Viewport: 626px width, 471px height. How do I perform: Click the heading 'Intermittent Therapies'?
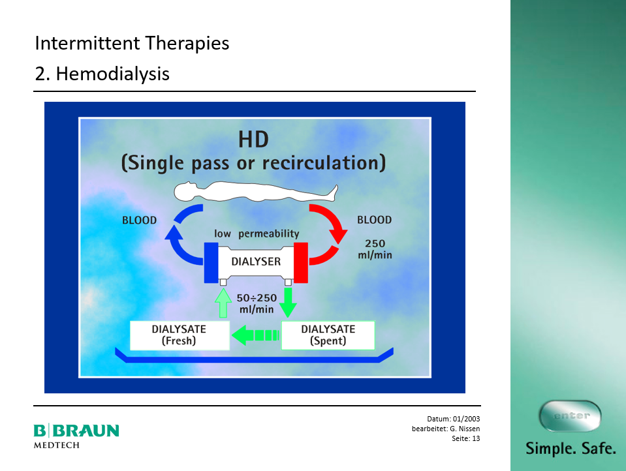click(x=132, y=44)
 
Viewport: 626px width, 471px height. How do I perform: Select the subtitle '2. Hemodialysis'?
click(x=102, y=74)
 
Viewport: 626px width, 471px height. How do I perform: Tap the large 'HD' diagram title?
click(x=253, y=140)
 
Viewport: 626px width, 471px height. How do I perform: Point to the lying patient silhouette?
click(x=256, y=192)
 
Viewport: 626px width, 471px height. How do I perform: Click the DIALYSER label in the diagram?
click(x=256, y=262)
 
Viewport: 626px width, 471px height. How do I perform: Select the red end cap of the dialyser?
click(x=301, y=263)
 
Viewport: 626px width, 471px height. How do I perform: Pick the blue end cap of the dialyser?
click(x=211, y=263)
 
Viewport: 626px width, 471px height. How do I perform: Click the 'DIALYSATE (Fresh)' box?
click(x=180, y=335)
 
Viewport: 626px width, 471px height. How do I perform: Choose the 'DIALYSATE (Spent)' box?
click(x=328, y=335)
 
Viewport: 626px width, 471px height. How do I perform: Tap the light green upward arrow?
click(x=223, y=303)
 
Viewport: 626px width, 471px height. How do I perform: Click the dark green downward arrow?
click(x=288, y=303)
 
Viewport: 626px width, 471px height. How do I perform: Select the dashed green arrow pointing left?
click(x=255, y=335)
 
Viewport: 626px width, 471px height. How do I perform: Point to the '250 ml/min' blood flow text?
click(x=375, y=249)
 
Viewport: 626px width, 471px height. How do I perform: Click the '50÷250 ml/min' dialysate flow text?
click(x=257, y=303)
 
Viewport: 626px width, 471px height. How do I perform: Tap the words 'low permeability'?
click(x=257, y=234)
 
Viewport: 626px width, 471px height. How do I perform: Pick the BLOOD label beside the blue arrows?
click(x=139, y=220)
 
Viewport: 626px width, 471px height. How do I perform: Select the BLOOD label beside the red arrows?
click(x=375, y=220)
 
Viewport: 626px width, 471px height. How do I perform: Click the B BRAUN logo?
click(x=76, y=436)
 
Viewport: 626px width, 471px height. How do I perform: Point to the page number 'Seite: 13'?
click(x=466, y=438)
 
